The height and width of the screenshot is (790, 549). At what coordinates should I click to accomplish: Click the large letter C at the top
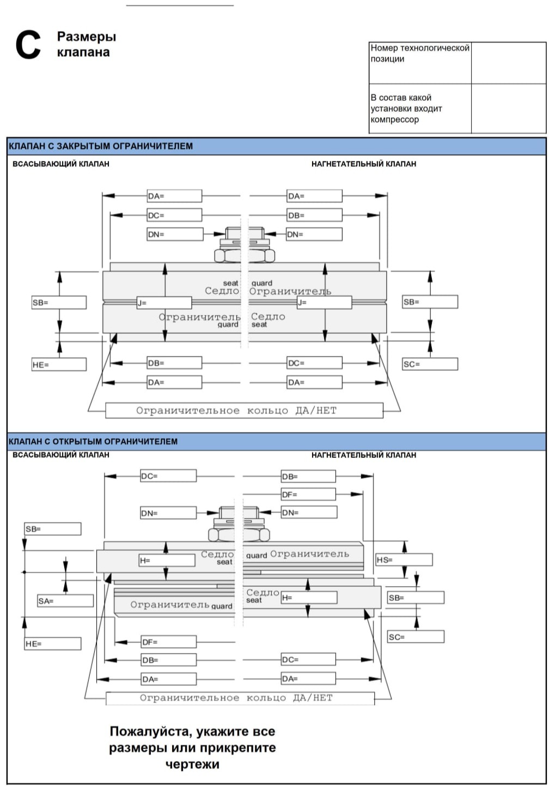pyautogui.click(x=28, y=45)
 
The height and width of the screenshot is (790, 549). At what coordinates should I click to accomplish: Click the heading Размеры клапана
pyautogui.click(x=87, y=44)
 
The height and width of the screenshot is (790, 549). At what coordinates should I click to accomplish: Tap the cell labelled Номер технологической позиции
pyautogui.click(x=420, y=63)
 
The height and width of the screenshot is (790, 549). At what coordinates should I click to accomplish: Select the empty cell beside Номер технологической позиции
pyautogui.click(x=509, y=63)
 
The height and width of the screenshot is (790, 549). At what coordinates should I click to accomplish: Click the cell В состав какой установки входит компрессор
pyautogui.click(x=420, y=108)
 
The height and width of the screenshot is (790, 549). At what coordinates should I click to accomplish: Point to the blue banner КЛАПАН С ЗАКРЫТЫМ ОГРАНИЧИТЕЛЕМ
pyautogui.click(x=276, y=146)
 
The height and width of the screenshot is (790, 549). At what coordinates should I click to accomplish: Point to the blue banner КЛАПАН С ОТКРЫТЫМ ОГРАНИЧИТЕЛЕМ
pyautogui.click(x=276, y=441)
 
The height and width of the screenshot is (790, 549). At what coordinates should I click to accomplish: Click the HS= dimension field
pyautogui.click(x=404, y=560)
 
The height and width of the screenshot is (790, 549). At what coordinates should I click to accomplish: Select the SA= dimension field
pyautogui.click(x=65, y=601)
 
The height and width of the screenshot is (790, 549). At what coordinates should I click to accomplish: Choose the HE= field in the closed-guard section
pyautogui.click(x=59, y=364)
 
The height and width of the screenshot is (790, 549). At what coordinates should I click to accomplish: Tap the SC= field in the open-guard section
pyautogui.click(x=416, y=637)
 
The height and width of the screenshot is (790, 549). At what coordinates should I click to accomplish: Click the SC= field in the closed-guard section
pyautogui.click(x=430, y=364)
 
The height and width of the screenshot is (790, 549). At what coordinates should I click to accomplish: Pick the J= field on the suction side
pyautogui.click(x=164, y=303)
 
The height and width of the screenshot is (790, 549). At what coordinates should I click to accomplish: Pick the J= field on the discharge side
pyautogui.click(x=324, y=302)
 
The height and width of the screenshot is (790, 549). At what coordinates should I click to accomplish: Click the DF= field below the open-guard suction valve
pyautogui.click(x=168, y=642)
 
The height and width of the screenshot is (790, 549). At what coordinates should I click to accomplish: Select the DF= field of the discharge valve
pyautogui.click(x=308, y=494)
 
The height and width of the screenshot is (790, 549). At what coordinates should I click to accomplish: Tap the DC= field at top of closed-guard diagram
pyautogui.click(x=174, y=215)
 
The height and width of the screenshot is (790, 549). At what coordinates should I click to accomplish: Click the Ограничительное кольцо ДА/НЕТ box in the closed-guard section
pyautogui.click(x=244, y=411)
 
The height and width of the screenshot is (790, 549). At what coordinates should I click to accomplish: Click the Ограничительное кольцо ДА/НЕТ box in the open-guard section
pyautogui.click(x=240, y=698)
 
